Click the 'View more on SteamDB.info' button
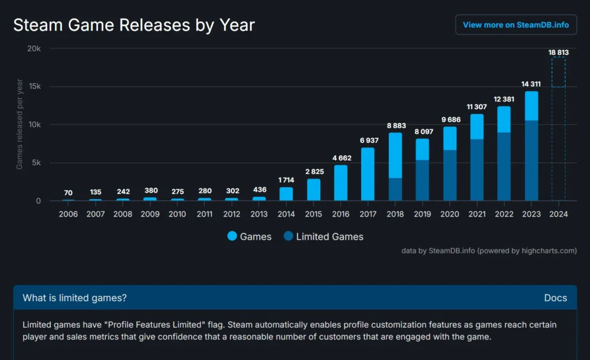tap(516, 25)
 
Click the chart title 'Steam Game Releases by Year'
tap(134, 25)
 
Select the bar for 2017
tap(368, 174)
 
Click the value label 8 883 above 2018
tap(395, 126)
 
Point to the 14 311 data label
tap(531, 84)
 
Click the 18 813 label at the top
tap(558, 52)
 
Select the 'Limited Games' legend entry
tap(323, 236)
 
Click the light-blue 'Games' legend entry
tap(249, 236)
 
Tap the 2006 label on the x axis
tap(68, 214)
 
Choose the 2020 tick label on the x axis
tap(449, 214)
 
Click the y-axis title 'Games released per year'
tap(20, 125)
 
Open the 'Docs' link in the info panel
tap(555, 298)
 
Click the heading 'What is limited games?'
tap(74, 298)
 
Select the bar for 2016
tap(341, 183)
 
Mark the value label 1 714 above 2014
tap(286, 180)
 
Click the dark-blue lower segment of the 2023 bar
tap(531, 161)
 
